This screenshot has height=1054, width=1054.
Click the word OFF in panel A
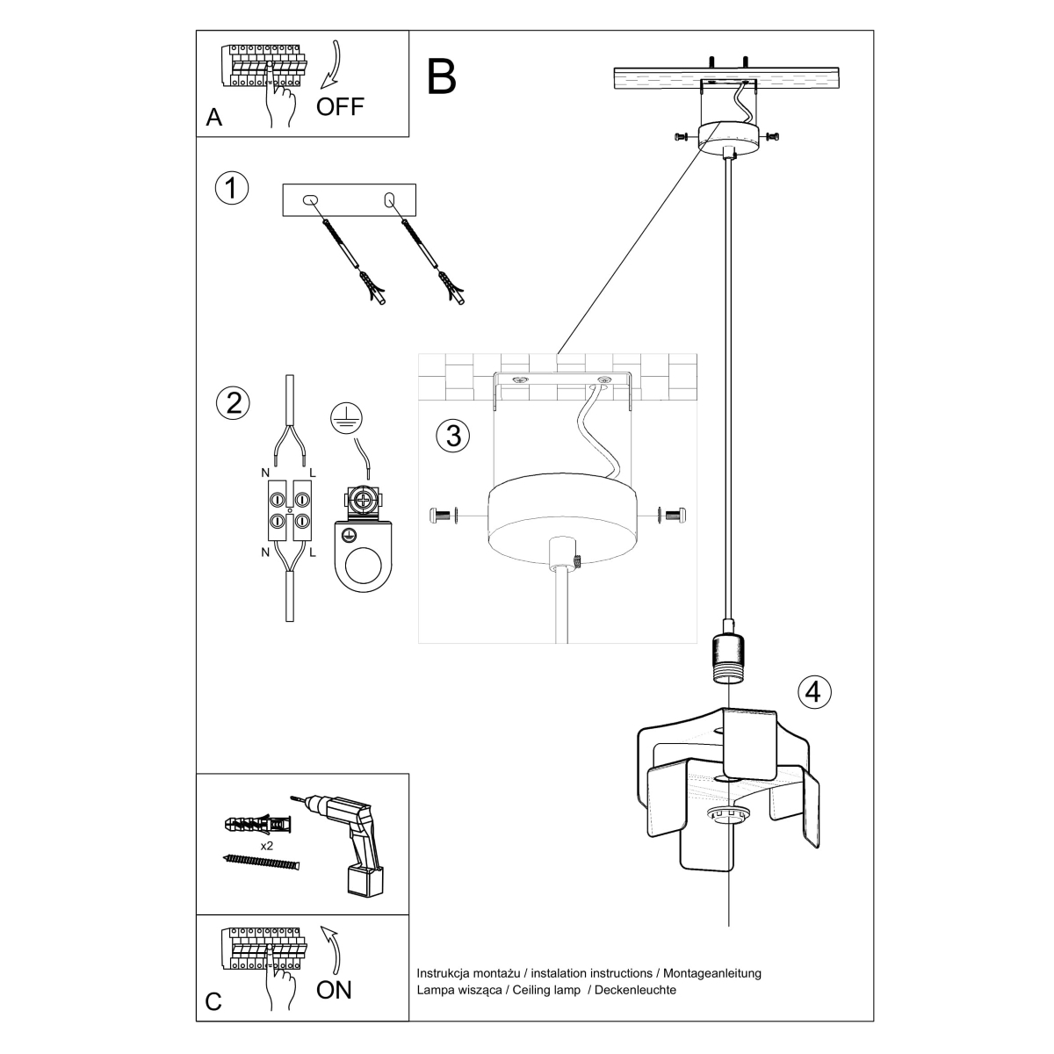tap(340, 107)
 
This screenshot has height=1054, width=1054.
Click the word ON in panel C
tap(334, 990)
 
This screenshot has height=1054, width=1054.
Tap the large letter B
tap(442, 77)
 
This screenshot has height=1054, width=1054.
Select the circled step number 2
tap(233, 402)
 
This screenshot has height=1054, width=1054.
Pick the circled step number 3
tap(453, 435)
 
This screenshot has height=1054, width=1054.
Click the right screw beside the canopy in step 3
tap(675, 516)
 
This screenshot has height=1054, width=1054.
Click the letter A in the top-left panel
tap(213, 118)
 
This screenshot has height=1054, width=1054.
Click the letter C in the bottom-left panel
tap(213, 1002)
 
